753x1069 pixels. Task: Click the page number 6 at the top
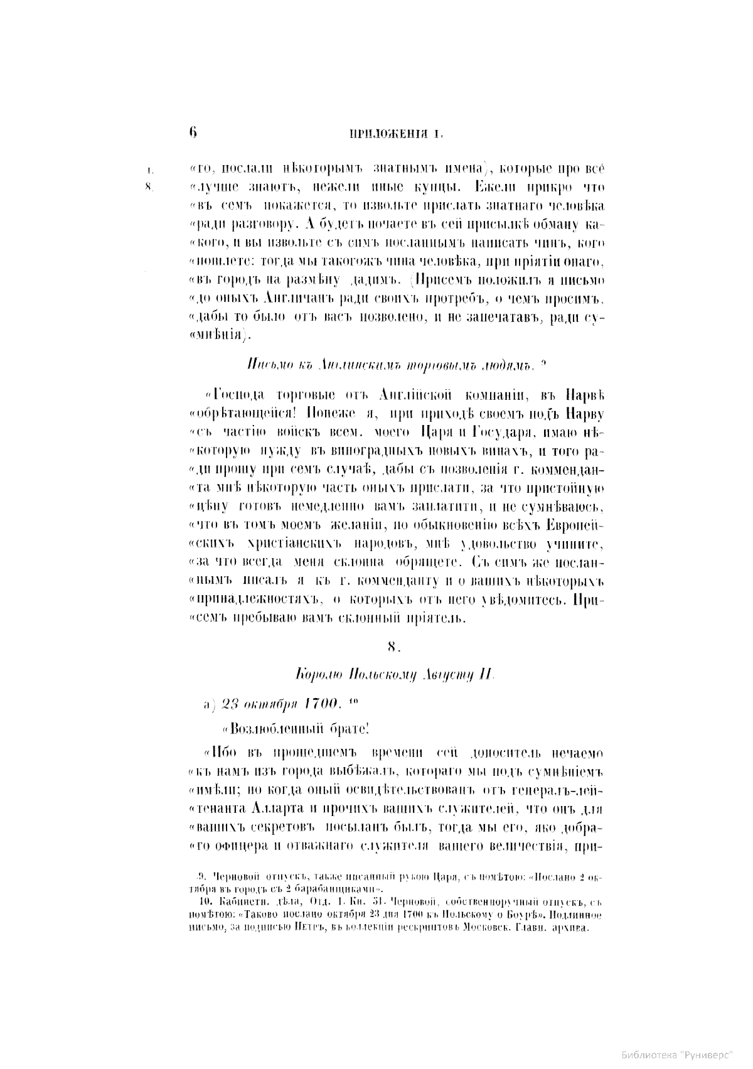coord(193,132)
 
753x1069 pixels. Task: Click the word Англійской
coord(417,394)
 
